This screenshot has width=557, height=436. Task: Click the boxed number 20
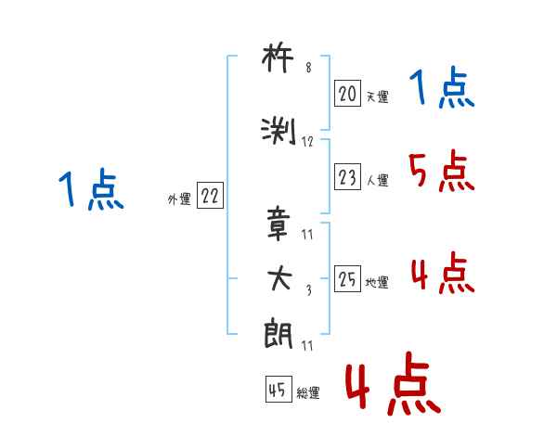coord(347,93)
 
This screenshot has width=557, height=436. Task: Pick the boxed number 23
coord(347,178)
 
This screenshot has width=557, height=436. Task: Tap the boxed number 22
coord(210,197)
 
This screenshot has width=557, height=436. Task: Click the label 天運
coord(377,96)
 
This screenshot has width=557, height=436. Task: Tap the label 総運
coord(308,393)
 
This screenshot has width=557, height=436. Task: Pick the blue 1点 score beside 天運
coord(442,88)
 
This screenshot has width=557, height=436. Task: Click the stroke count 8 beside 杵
coord(308,67)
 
